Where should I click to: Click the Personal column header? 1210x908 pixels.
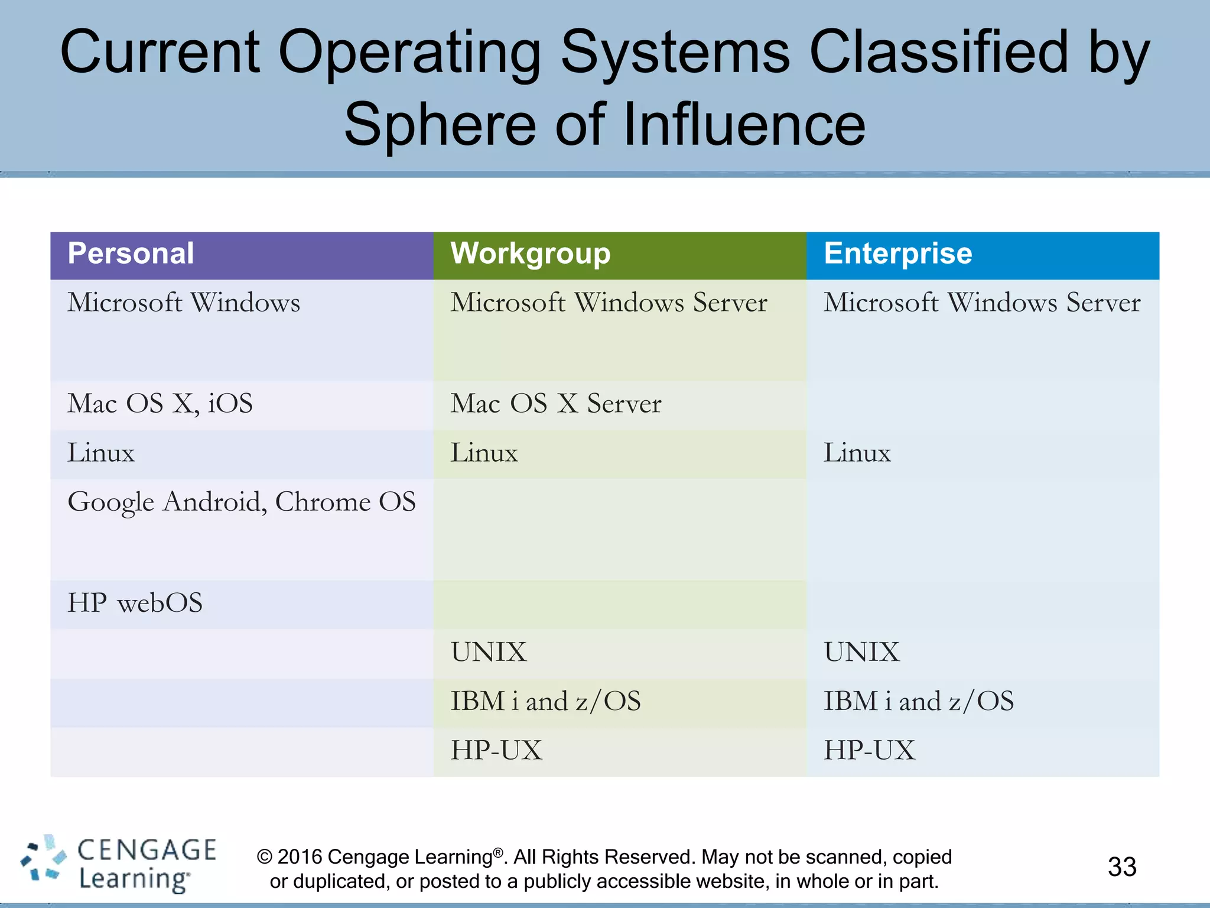[131, 254]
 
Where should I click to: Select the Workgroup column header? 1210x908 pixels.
[530, 254]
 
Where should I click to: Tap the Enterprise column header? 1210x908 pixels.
[897, 254]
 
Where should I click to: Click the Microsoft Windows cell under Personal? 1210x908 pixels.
[184, 303]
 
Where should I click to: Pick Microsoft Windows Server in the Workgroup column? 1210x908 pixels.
[609, 303]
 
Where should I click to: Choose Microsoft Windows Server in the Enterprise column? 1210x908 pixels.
[982, 303]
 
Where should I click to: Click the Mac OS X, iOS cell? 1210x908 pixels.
[160, 404]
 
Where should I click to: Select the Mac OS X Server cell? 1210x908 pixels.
[556, 404]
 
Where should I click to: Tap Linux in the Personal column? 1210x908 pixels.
[101, 453]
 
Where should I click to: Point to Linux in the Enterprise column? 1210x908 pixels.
[857, 453]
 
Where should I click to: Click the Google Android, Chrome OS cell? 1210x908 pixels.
[242, 502]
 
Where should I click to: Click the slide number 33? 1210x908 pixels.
[1122, 867]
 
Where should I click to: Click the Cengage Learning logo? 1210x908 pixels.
[118, 864]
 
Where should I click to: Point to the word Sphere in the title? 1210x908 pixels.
[441, 125]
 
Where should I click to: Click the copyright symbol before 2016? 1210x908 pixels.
[265, 857]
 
